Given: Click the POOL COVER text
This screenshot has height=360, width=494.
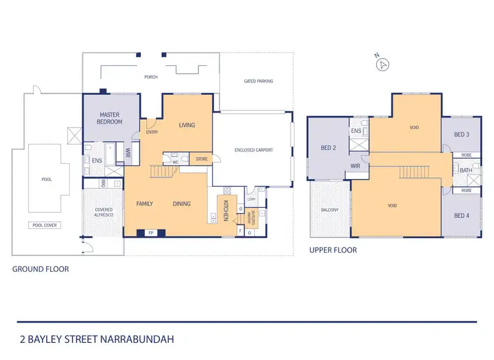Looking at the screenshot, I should pyautogui.click(x=43, y=225).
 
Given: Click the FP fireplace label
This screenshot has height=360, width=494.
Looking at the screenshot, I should pyautogui.click(x=151, y=232).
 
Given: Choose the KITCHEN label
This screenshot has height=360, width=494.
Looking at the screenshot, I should pyautogui.click(x=225, y=209).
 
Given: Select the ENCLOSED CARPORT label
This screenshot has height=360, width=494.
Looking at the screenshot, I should pyautogui.click(x=254, y=150).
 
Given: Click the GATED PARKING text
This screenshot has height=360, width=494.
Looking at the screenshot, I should pyautogui.click(x=258, y=81).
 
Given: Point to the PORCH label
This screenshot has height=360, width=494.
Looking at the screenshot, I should pyautogui.click(x=151, y=77).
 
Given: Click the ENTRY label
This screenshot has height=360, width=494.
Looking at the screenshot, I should pyautogui.click(x=152, y=132).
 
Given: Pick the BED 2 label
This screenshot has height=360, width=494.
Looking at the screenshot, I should pyautogui.click(x=329, y=148).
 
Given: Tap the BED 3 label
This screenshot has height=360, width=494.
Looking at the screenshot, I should pyautogui.click(x=462, y=135).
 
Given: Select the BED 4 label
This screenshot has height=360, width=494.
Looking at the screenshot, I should pyautogui.click(x=462, y=216).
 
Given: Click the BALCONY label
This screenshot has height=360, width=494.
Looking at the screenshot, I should pyautogui.click(x=329, y=210).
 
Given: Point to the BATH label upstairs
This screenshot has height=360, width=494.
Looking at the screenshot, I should pyautogui.click(x=466, y=170).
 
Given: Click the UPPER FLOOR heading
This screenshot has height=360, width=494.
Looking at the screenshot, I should pyautogui.click(x=333, y=250).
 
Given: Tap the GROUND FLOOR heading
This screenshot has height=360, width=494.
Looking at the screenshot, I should pyautogui.click(x=41, y=269).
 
